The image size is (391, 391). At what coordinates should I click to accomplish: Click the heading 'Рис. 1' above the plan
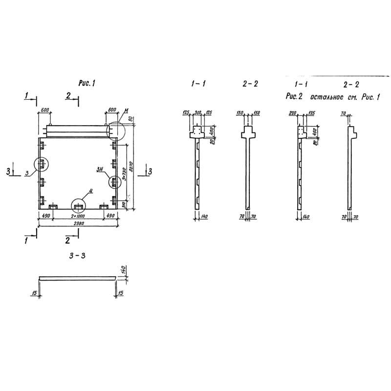point(86,84)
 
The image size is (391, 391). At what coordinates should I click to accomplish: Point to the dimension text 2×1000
point(78,216)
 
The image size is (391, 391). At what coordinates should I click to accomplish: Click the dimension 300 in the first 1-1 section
point(198,113)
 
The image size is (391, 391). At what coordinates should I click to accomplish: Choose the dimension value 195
point(311,113)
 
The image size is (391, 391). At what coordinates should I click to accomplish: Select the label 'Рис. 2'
point(295,97)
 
